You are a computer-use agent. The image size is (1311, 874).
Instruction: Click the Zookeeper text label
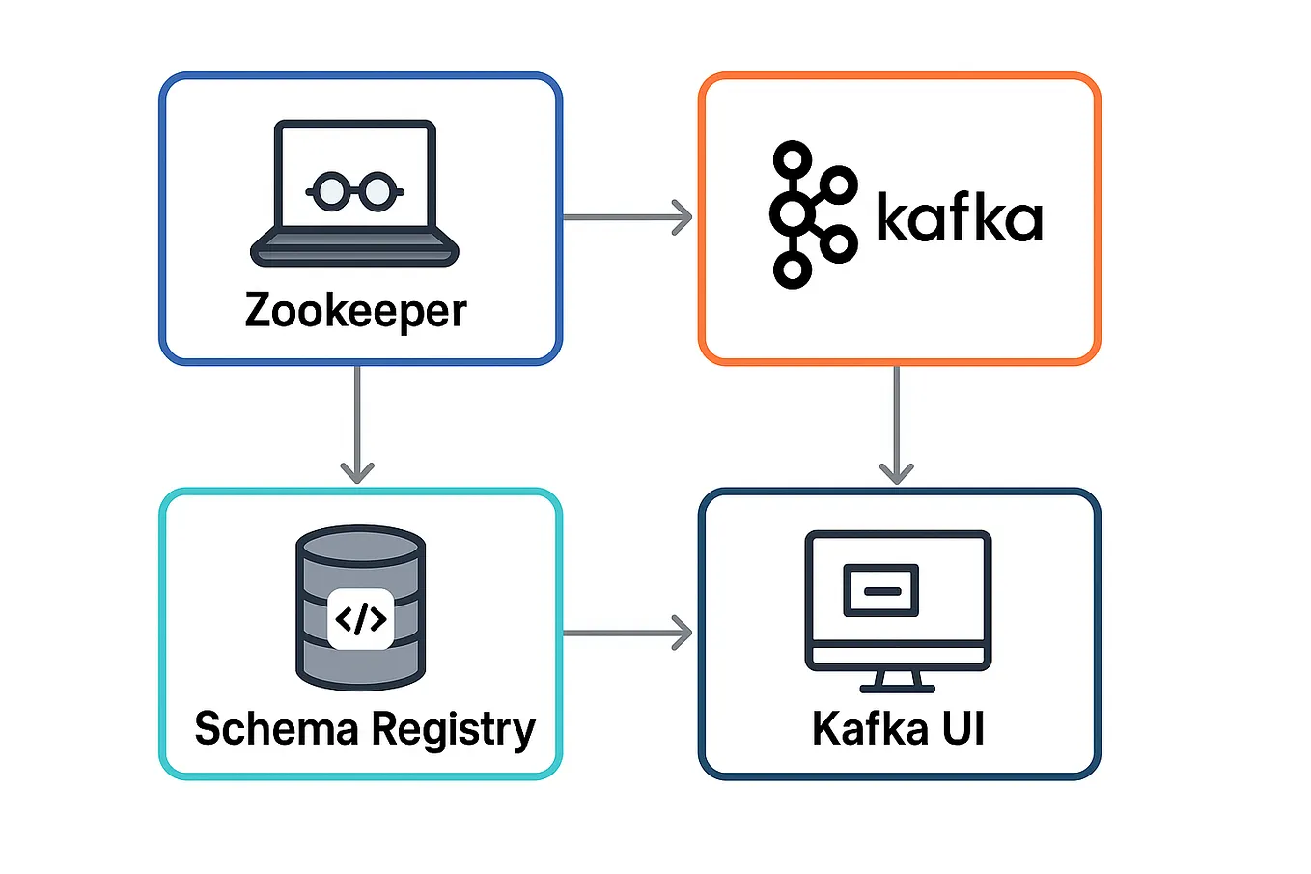click(355, 311)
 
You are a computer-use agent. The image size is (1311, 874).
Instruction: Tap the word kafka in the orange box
click(959, 217)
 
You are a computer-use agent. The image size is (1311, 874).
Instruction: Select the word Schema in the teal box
click(276, 728)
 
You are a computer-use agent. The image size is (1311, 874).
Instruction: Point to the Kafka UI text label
click(898, 728)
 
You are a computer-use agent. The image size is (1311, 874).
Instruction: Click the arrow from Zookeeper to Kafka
click(628, 217)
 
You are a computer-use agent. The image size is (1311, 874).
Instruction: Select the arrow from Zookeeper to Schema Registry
click(357, 425)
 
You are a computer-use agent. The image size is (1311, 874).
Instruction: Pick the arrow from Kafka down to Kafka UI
click(897, 425)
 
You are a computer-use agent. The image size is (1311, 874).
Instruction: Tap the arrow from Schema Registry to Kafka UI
click(628, 634)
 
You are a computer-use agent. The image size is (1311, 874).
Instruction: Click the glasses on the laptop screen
click(354, 190)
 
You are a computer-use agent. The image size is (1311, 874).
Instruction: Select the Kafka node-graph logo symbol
click(811, 214)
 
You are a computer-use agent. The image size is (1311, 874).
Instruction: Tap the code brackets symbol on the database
click(360, 618)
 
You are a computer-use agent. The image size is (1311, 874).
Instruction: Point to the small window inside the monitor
click(880, 590)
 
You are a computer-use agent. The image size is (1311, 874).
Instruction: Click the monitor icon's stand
click(898, 682)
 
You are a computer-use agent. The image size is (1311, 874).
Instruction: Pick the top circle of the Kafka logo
click(793, 157)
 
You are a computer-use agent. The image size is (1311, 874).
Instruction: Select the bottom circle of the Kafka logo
click(793, 270)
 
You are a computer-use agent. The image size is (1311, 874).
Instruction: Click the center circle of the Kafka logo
click(793, 214)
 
